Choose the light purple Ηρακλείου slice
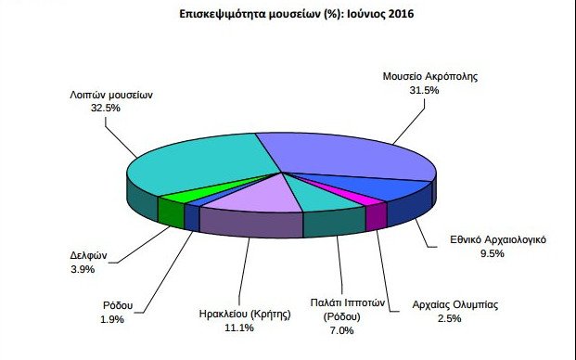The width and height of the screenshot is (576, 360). (x=246, y=196)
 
